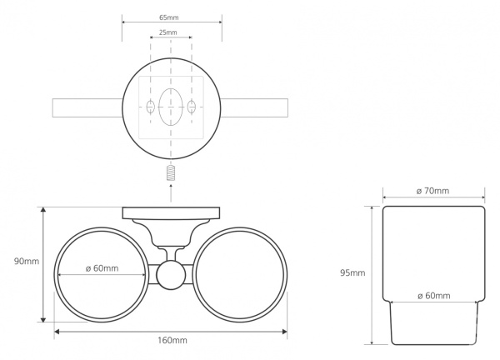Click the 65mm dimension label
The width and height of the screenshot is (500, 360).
169,17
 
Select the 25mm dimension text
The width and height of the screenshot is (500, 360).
168,32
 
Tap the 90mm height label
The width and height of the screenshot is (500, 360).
27,261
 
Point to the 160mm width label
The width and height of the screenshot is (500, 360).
172,340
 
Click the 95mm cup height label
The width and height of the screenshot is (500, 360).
352,273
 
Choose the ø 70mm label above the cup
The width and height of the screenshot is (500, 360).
432,191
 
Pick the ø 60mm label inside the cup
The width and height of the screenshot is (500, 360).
434,296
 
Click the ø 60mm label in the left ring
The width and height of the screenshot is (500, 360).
102,268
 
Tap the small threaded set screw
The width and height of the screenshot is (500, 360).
171,172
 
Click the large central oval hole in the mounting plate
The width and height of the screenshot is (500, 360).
171,107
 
